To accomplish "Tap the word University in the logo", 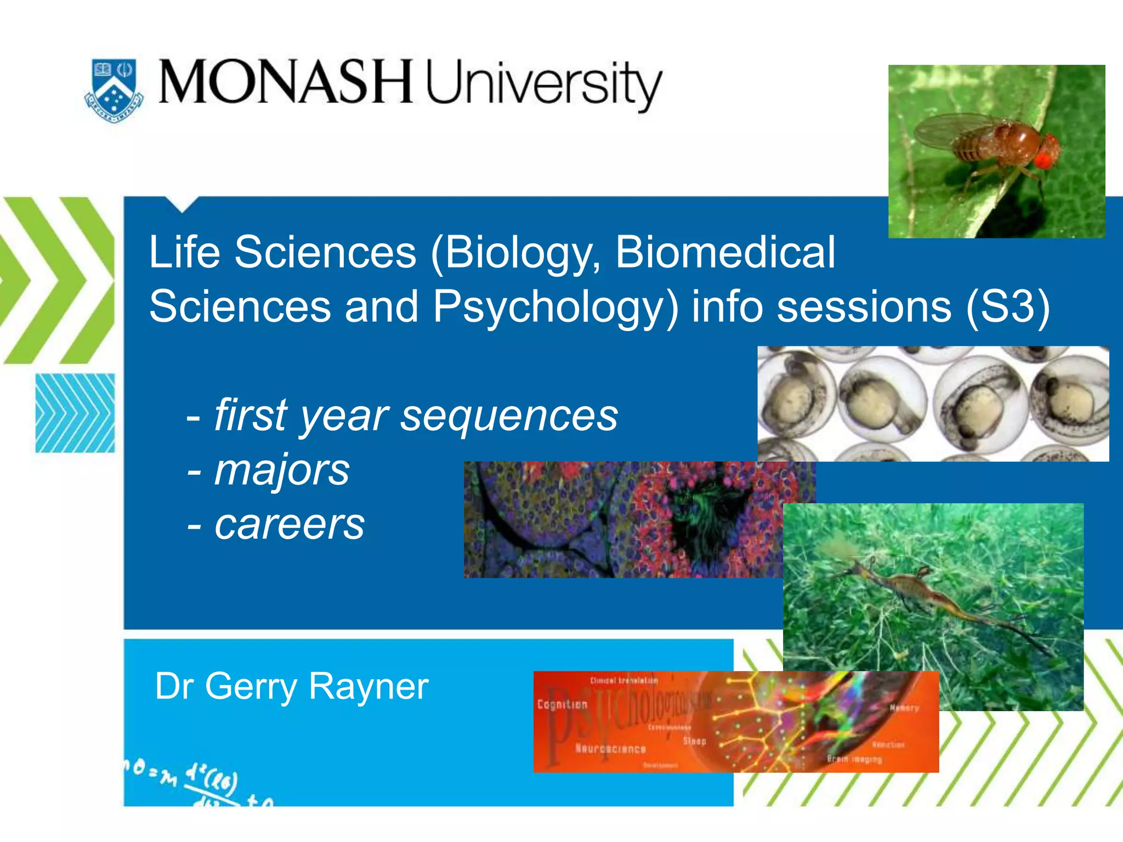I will click(x=543, y=85).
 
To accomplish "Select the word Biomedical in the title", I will click(x=725, y=252).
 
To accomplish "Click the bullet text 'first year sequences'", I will click(x=416, y=416).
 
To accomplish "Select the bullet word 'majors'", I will click(x=281, y=470).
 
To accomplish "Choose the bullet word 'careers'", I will click(x=289, y=525).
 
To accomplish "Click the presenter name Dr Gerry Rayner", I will click(x=291, y=686).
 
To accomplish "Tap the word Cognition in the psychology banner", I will click(x=562, y=704).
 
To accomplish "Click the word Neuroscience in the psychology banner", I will click(x=610, y=749).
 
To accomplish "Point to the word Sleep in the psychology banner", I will click(x=694, y=741).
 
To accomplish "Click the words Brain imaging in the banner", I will click(x=854, y=760).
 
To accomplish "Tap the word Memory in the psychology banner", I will click(x=904, y=708).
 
